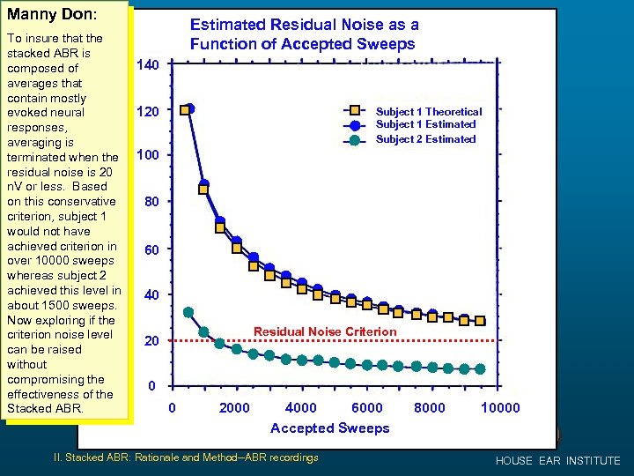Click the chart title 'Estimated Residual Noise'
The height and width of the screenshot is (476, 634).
click(305, 34)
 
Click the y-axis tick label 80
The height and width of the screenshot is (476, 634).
click(151, 202)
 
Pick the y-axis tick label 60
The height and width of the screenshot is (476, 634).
click(151, 250)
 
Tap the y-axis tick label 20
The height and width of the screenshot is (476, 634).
click(151, 341)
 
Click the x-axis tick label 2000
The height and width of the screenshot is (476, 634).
click(234, 407)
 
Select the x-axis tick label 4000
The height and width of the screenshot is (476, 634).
click(301, 407)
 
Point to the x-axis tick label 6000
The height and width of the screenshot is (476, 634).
click(367, 407)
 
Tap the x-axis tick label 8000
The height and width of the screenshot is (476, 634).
click(430, 407)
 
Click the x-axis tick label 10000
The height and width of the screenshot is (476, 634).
click(500, 407)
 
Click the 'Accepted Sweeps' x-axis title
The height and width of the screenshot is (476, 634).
click(329, 428)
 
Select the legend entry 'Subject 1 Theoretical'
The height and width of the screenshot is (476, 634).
click(429, 112)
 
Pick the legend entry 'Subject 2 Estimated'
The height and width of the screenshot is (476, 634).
click(425, 139)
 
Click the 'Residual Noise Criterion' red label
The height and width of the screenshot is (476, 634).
click(325, 331)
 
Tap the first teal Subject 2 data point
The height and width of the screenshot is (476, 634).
click(188, 312)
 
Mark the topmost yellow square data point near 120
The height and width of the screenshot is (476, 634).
click(185, 110)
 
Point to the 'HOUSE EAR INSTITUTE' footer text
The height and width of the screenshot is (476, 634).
click(557, 461)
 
